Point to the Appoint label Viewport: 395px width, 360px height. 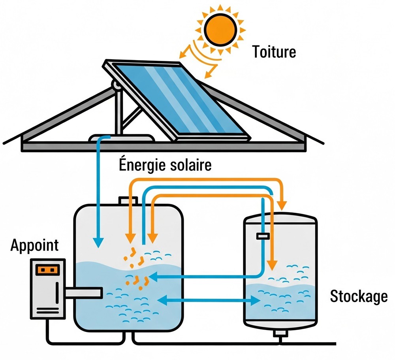click(34, 245)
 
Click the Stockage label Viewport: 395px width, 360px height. click(358, 296)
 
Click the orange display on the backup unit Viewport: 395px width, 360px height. click(47, 270)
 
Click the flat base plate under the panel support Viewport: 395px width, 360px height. click(120, 138)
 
